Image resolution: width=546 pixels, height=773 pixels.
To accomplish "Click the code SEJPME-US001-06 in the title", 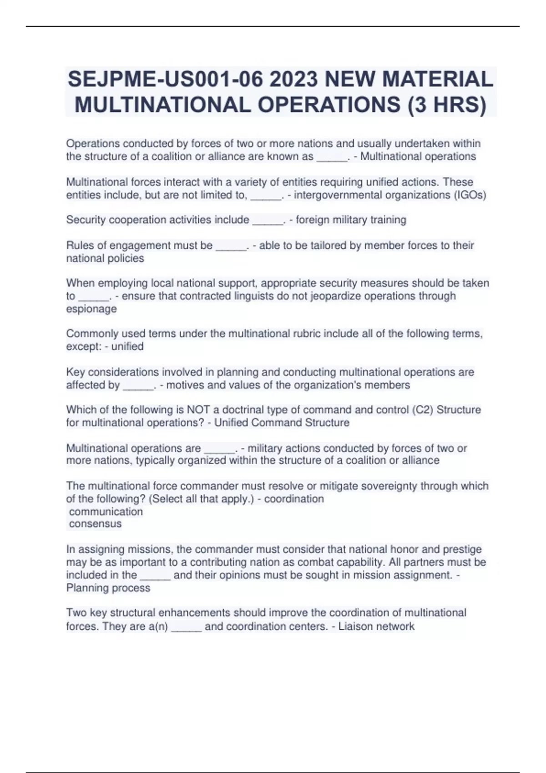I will [165, 80].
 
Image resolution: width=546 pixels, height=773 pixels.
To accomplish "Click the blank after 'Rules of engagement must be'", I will [231, 246].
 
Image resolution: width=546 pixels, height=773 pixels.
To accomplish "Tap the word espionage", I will [91, 309].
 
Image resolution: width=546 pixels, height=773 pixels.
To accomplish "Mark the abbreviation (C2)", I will [422, 410].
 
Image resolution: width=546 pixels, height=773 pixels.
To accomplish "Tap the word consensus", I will [95, 524].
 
